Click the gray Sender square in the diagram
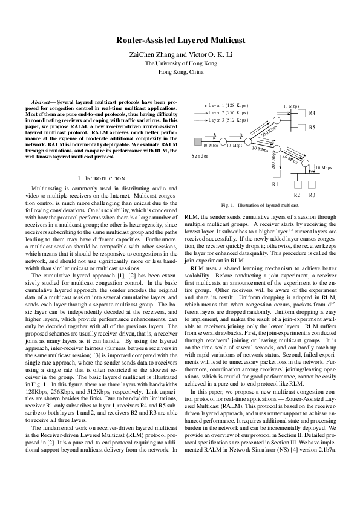pos(197,141)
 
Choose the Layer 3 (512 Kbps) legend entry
pos(228,120)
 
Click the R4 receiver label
pos(312,113)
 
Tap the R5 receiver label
pos(312,128)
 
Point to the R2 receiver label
pos(297,195)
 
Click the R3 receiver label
pos(312,195)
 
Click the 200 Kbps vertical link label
pos(274,160)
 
